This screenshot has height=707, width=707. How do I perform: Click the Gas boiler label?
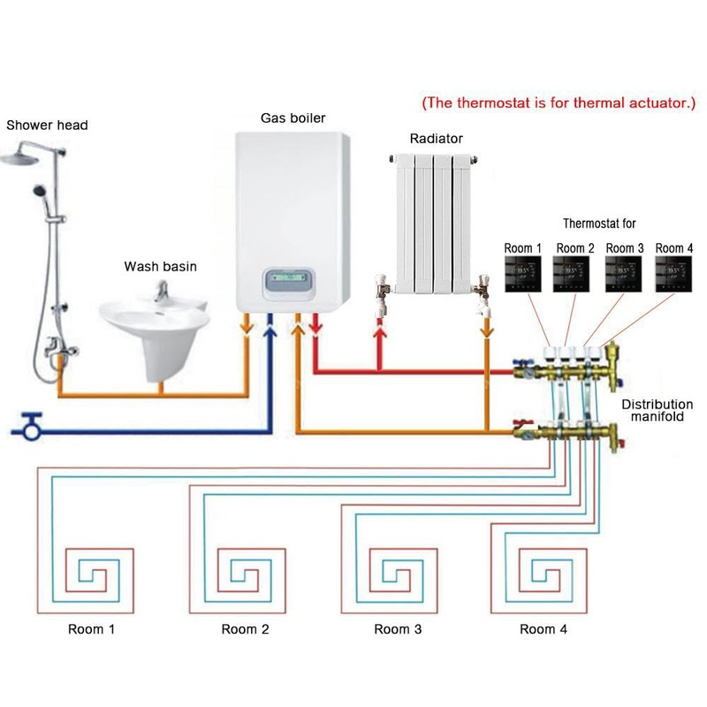pyautogui.click(x=293, y=118)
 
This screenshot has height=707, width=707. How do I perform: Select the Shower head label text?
pyautogui.click(x=47, y=125)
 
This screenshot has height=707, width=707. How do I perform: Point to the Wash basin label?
pyautogui.click(x=160, y=266)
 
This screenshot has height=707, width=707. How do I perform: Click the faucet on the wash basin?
pyautogui.click(x=161, y=291)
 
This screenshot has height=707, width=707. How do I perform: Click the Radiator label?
pyautogui.click(x=436, y=139)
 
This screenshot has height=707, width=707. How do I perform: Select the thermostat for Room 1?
pyautogui.click(x=522, y=274)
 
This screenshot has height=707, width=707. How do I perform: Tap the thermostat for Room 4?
pyautogui.click(x=674, y=274)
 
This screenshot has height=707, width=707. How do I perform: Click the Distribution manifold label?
pyautogui.click(x=658, y=411)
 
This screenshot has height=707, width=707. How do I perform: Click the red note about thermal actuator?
pyautogui.click(x=559, y=103)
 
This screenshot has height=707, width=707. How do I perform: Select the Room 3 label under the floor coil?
pyautogui.click(x=398, y=629)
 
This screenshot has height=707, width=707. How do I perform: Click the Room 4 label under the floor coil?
pyautogui.click(x=543, y=629)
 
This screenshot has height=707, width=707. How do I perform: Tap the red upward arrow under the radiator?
pyautogui.click(x=381, y=338)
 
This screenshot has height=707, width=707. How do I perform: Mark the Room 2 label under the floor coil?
pyautogui.click(x=245, y=629)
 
